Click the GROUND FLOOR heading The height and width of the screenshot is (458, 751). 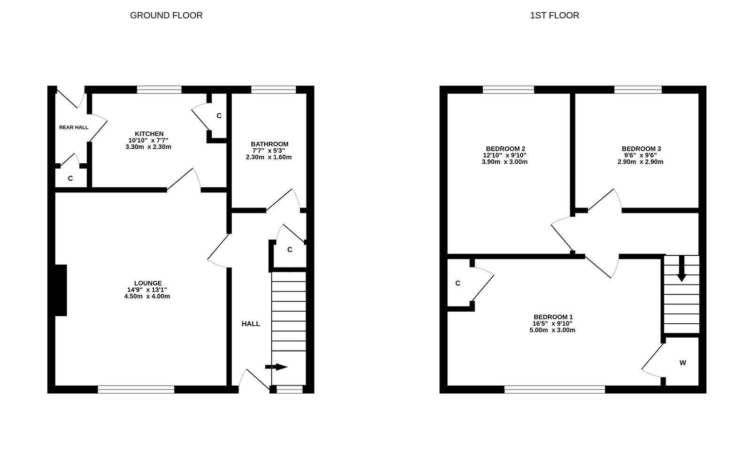pyautogui.click(x=166, y=15)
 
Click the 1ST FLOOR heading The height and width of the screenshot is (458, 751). pyautogui.click(x=554, y=15)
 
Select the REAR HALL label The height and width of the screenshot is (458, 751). pyautogui.click(x=74, y=127)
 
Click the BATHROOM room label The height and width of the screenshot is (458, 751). pyautogui.click(x=269, y=144)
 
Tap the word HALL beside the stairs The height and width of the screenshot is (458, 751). pyautogui.click(x=251, y=324)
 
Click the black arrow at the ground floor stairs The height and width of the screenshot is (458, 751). pyautogui.click(x=277, y=367)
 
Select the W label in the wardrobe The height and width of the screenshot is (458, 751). pyautogui.click(x=682, y=363)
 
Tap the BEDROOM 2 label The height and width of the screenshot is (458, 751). pyautogui.click(x=505, y=149)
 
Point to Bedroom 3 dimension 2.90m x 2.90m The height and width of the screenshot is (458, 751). pyautogui.click(x=640, y=162)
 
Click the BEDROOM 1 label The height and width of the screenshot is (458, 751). pyautogui.click(x=553, y=317)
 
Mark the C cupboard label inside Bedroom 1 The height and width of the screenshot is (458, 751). pyautogui.click(x=458, y=283)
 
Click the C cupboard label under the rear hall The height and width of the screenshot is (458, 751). pyautogui.click(x=70, y=179)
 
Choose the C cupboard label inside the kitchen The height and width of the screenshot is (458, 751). pyautogui.click(x=219, y=116)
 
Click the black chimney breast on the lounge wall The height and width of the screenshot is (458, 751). pyautogui.click(x=61, y=290)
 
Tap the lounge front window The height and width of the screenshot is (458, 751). pyautogui.click(x=136, y=389)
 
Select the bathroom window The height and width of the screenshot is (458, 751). pyautogui.click(x=273, y=90)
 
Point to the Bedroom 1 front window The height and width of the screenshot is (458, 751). pyautogui.click(x=555, y=389)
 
